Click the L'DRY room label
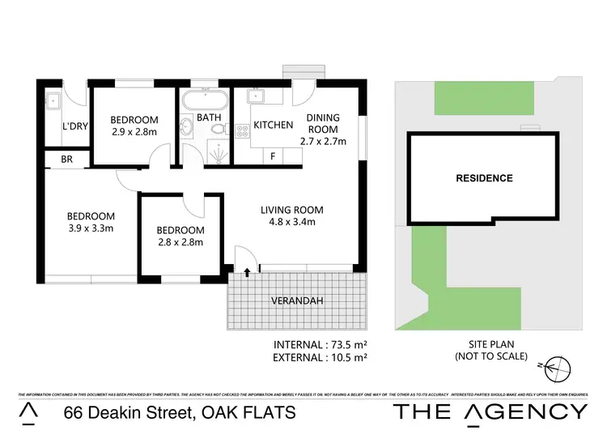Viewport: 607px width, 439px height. point(75,127)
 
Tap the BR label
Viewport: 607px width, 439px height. point(67,160)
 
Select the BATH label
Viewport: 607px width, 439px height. point(209,117)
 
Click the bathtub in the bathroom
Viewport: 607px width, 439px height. point(203,101)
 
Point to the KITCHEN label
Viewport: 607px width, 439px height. point(273,126)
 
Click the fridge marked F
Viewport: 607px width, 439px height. point(273,156)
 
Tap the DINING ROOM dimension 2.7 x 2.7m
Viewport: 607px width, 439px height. point(323,141)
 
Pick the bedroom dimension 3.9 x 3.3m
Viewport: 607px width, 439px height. point(91,228)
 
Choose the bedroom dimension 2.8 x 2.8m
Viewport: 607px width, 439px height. point(180,241)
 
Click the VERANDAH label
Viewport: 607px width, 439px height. point(297,300)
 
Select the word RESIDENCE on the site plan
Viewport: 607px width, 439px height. point(484,178)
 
